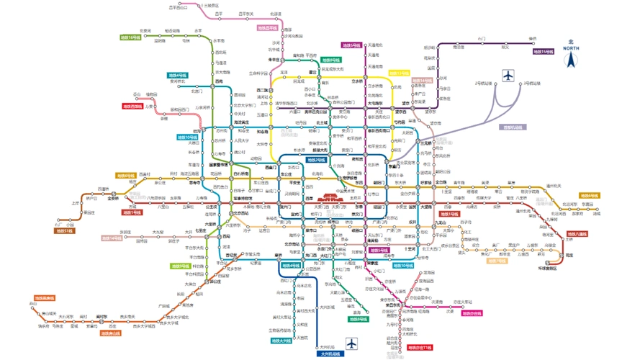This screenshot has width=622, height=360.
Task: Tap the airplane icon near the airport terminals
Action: tap(509, 75)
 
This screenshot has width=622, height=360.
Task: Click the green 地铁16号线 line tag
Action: tap(130, 37)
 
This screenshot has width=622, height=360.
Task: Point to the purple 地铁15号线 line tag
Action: tap(544, 52)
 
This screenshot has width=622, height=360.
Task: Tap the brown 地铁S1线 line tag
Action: tap(65, 231)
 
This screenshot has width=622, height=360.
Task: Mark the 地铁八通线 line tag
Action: tap(577, 234)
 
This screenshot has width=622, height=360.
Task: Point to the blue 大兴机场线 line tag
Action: tap(329, 354)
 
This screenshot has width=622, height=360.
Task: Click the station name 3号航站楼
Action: tap(533, 84)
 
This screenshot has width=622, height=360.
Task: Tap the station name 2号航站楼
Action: tap(483, 84)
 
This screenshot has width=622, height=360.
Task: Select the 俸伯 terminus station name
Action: tap(533, 38)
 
